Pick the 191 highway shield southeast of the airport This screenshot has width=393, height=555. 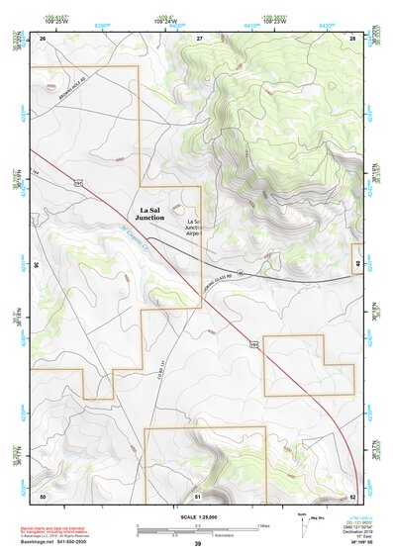coord(253,344)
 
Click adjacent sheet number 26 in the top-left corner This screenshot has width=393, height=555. coord(43,37)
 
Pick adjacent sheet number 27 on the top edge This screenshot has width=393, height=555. coord(199,37)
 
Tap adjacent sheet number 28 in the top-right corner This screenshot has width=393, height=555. coord(352,37)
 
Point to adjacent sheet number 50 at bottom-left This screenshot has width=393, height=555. coord(43,496)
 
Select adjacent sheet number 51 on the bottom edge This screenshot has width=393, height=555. coord(198,496)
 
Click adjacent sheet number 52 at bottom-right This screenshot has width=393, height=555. coord(352,496)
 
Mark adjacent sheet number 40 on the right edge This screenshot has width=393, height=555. coord(356,263)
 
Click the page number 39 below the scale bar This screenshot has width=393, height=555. coord(197,543)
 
